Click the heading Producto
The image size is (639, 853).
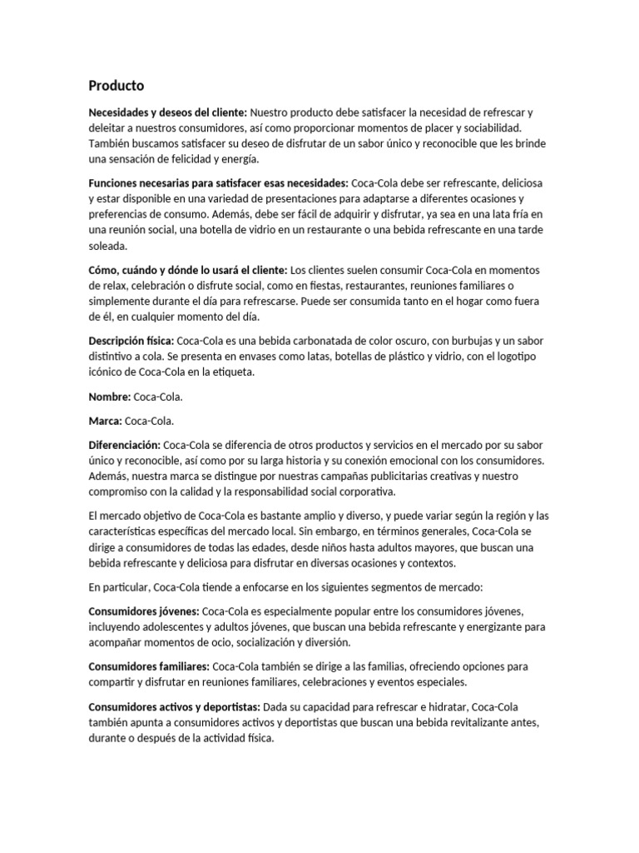[x=116, y=86]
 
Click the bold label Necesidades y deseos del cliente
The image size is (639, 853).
[x=167, y=112]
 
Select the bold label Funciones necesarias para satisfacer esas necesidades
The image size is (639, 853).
[x=219, y=182]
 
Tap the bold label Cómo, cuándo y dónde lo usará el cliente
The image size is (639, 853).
[x=188, y=269]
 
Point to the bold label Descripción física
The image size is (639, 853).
[x=131, y=341]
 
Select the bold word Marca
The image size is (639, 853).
[x=105, y=421]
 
